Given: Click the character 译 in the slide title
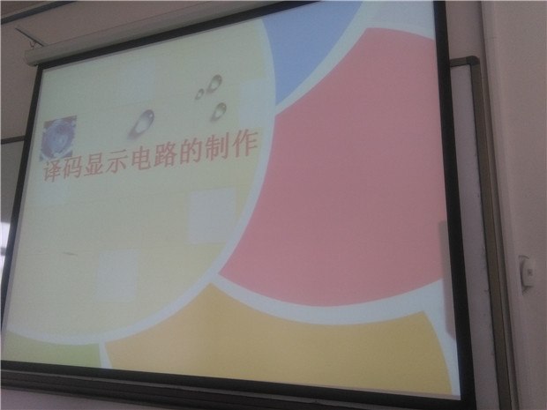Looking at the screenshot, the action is [53, 170].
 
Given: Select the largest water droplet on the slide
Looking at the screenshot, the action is [142, 123].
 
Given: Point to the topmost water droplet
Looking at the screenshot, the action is [214, 84].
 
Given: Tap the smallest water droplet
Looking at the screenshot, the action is [199, 93].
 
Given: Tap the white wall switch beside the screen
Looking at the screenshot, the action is [526, 272].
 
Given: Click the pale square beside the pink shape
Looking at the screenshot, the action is [212, 216].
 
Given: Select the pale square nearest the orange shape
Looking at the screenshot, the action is [116, 276].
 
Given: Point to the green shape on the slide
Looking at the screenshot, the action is [49, 350].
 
